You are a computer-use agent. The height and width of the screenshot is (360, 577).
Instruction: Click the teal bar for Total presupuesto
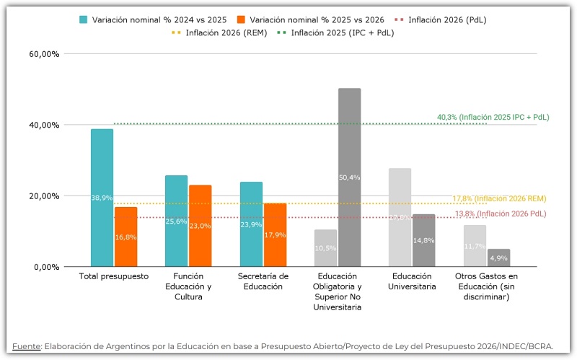tap(102, 198)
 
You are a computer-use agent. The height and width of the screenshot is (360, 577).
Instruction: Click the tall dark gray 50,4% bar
tap(349, 177)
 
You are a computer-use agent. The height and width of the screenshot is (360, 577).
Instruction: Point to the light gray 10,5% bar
tap(325, 248)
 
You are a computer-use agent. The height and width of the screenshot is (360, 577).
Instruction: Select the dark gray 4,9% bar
tap(498, 258)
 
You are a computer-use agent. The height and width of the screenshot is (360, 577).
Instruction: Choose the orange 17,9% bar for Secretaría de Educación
tap(275, 234)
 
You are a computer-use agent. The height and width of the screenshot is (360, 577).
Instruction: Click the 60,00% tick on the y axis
tap(45, 54)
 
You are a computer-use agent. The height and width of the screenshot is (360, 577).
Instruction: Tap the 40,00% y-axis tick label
tap(45, 125)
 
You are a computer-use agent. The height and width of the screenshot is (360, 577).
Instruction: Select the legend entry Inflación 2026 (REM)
tap(226, 33)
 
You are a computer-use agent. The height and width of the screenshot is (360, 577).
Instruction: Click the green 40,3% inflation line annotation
tap(493, 117)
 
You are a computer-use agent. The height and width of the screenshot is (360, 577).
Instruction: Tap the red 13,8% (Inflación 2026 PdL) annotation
tap(500, 214)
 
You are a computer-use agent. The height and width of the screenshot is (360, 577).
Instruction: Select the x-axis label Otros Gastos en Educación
tap(487, 286)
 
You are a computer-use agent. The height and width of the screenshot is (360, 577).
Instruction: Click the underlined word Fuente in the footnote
tap(27, 346)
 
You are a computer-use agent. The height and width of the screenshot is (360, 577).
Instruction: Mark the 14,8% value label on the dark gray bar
tap(423, 240)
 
